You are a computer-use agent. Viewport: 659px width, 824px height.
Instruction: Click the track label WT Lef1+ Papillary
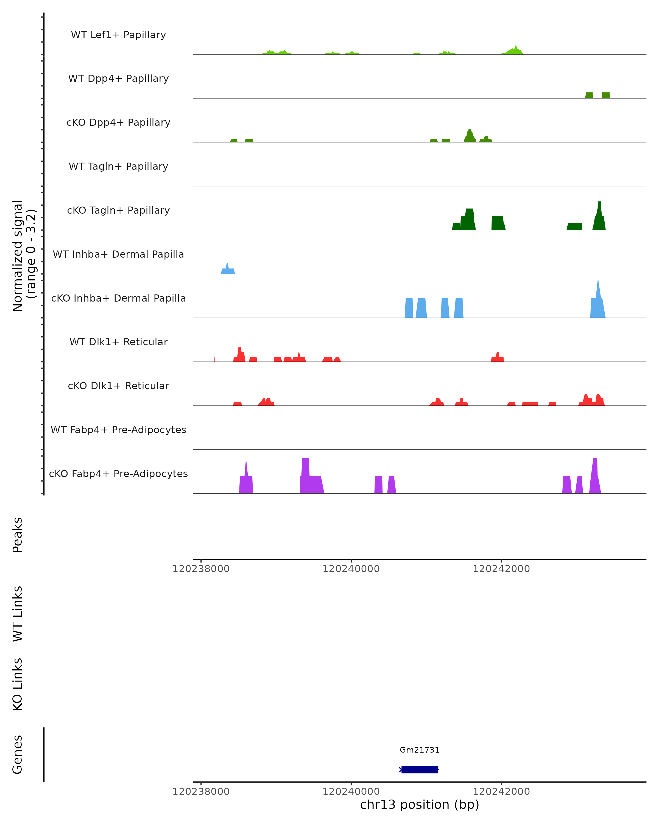coord(118,35)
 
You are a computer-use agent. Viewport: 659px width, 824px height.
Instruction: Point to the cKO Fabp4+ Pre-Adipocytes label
coord(118,474)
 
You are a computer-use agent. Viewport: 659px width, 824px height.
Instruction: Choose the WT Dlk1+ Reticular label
coord(118,342)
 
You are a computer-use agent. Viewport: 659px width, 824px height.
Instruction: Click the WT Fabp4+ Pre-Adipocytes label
coord(118,430)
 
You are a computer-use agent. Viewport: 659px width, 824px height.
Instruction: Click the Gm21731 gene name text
coord(420,750)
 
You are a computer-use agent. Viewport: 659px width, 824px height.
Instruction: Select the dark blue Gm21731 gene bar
coord(420,769)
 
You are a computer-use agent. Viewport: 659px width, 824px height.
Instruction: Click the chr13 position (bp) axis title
coord(420,804)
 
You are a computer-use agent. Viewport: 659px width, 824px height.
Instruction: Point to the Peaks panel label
coord(18,535)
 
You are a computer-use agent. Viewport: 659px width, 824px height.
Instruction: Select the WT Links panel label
coord(18,613)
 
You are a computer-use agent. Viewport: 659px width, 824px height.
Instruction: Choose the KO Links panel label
coord(18,684)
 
